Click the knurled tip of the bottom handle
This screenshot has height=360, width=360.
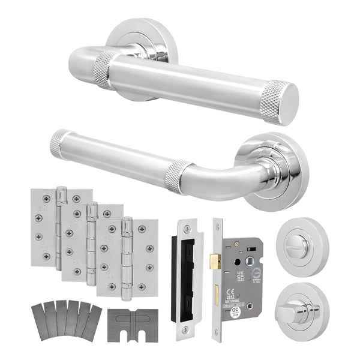click(x=55, y=143)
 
